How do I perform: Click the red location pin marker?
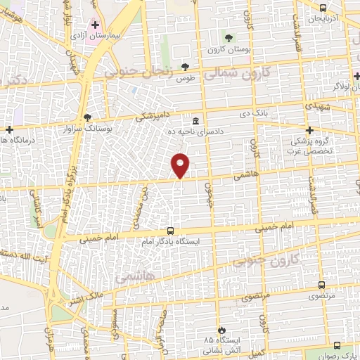181,165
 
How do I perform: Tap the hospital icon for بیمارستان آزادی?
95,25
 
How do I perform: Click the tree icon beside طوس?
185,67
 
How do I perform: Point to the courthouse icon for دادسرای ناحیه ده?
195,120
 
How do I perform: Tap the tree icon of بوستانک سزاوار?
87,117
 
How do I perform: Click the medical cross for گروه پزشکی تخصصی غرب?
309,129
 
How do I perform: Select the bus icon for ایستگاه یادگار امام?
170,231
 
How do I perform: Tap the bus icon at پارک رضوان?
337,345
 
